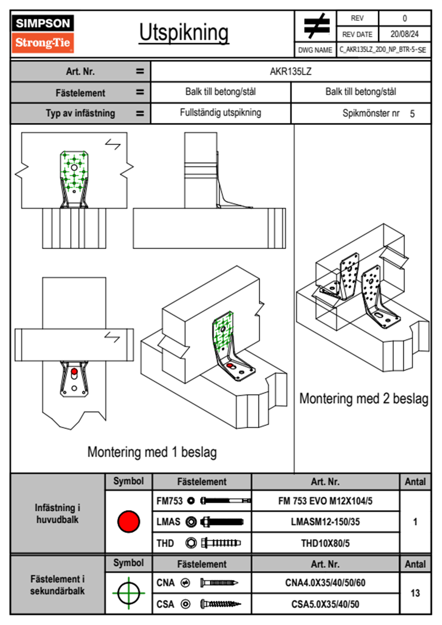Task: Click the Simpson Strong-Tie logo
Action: [x=43, y=33]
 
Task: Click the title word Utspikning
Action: [x=184, y=33]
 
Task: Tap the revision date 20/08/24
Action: [x=404, y=34]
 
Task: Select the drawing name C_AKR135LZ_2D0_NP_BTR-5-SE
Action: [x=383, y=50]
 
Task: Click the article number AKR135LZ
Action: [x=290, y=71]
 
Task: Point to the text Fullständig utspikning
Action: [x=221, y=113]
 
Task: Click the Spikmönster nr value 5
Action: [x=412, y=114]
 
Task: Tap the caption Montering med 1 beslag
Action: [x=152, y=452]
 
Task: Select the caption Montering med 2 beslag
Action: [x=364, y=399]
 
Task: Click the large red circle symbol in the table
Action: [x=129, y=521]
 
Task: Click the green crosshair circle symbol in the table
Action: [x=129, y=593]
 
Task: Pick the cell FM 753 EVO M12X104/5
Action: [x=325, y=501]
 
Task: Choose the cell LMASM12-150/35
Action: [x=325, y=522]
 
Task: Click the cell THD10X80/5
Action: [x=325, y=543]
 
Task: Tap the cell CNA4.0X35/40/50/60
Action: [x=325, y=583]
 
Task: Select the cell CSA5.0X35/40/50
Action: [x=325, y=604]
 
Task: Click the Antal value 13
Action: [x=415, y=593]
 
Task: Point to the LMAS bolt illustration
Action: [x=222, y=522]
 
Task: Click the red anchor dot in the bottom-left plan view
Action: [x=74, y=372]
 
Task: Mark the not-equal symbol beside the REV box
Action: [x=316, y=26]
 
